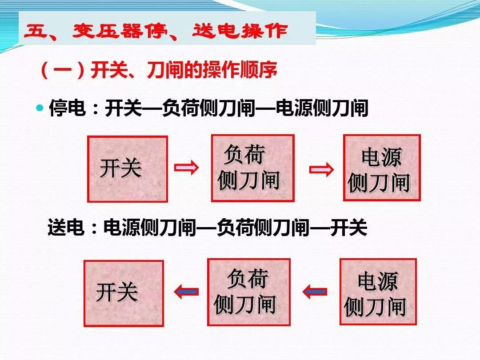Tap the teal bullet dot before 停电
(40, 108)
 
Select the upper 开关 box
(128, 169)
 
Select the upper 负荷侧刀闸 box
(252, 168)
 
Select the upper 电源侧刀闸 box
(381, 168)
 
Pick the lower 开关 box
(124, 293)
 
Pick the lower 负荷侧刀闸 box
(248, 292)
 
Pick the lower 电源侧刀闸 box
(378, 292)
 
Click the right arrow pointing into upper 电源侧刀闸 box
(321, 169)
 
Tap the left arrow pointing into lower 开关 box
(186, 292)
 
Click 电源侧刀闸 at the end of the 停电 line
(322, 108)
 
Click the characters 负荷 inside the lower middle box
(248, 279)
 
